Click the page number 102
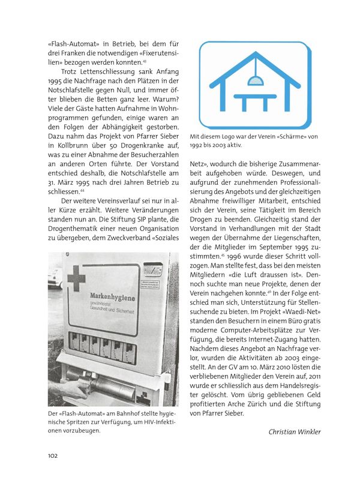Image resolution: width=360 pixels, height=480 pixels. (52, 456)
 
